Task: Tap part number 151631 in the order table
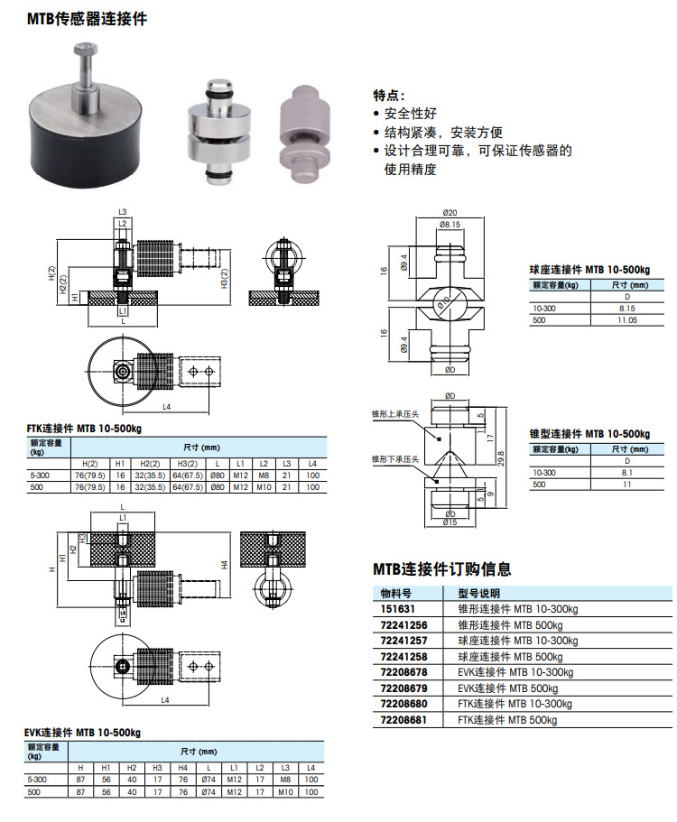coord(393,609)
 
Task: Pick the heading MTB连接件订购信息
coord(442,569)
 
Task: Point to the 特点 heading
coord(389,95)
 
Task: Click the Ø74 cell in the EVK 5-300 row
coord(209,779)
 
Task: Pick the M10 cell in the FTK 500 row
coord(264,486)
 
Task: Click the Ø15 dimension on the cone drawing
coord(449,522)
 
